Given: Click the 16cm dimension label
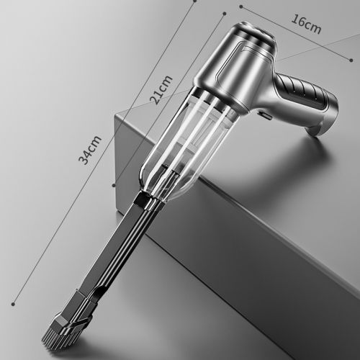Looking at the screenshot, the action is pyautogui.click(x=306, y=24).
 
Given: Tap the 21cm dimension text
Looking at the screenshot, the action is pyautogui.click(x=161, y=90).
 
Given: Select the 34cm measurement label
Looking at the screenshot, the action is pyautogui.click(x=90, y=150).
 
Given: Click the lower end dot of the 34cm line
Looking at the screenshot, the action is pyautogui.click(x=13, y=305).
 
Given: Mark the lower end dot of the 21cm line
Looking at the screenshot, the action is pyautogui.click(x=114, y=185).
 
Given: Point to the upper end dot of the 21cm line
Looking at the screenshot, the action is pyautogui.click(x=225, y=14).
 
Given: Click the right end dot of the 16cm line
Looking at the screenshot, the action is pyautogui.click(x=351, y=60).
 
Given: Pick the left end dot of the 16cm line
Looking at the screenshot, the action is pyautogui.click(x=241, y=7).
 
